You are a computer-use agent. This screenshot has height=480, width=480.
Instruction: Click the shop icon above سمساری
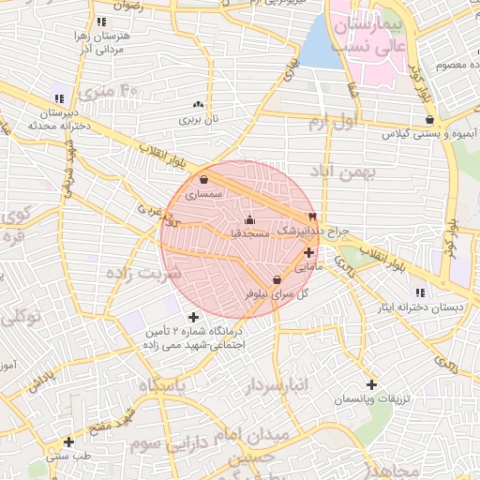pos(204,180)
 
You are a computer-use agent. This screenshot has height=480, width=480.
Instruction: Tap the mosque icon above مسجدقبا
pos(248,220)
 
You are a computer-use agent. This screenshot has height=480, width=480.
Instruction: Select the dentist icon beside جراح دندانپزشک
pos(312,217)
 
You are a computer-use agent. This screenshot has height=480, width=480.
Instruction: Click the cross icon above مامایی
pos(308,252)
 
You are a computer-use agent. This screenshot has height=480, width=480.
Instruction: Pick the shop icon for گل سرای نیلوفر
pos(277,280)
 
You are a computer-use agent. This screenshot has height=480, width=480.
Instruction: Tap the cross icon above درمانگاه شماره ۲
pos(194,317)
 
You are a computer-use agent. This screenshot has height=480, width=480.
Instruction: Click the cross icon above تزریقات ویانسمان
pos(372,384)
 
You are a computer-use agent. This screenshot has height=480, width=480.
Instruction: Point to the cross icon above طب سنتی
pos(68,442)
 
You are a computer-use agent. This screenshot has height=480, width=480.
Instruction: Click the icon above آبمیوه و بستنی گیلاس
pos(429,120)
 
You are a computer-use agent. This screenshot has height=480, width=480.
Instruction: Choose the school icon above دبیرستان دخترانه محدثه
pos(60,98)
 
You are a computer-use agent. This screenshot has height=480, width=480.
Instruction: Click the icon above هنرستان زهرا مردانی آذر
pos(101,21)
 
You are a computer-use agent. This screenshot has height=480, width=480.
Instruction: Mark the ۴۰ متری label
pos(109,93)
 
